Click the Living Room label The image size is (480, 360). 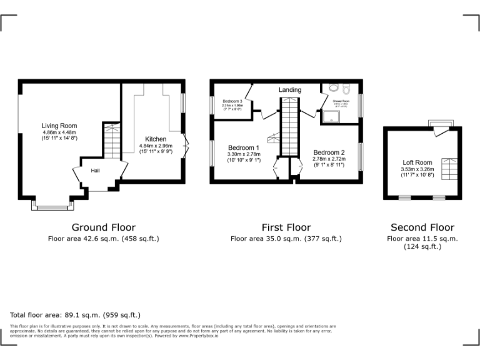(59, 126)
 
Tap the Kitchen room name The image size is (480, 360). (156, 139)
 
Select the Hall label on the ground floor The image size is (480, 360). (96, 171)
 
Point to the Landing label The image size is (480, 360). (290, 90)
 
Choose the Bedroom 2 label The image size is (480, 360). (329, 152)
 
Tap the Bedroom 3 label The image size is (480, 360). (232, 101)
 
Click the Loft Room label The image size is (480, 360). (416, 162)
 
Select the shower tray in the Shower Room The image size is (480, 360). (327, 115)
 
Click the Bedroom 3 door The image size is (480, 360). (248, 94)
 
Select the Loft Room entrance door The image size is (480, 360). (441, 130)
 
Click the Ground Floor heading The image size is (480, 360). (104, 227)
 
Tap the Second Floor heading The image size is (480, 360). (422, 227)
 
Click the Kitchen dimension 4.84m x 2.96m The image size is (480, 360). (156, 146)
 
